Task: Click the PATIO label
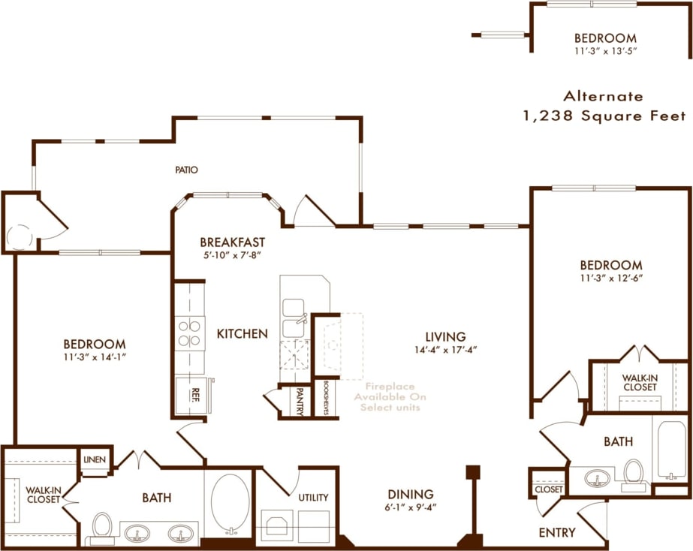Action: pyautogui.click(x=186, y=170)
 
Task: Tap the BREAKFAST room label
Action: pyautogui.click(x=232, y=242)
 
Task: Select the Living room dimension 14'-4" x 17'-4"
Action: pyautogui.click(x=444, y=349)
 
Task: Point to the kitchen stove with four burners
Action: pyautogui.click(x=189, y=333)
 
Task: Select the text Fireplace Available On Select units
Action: pyautogui.click(x=390, y=396)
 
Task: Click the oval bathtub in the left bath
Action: pyautogui.click(x=230, y=504)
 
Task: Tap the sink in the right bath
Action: pyautogui.click(x=598, y=478)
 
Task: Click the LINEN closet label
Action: pyautogui.click(x=95, y=459)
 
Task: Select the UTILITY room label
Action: pyautogui.click(x=313, y=497)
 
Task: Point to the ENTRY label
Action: pyautogui.click(x=558, y=532)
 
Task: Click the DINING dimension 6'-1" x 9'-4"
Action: pyautogui.click(x=411, y=506)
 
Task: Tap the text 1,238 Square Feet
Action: pyautogui.click(x=604, y=116)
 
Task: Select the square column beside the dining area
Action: pyautogui.click(x=473, y=472)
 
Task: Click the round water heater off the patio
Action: pyautogui.click(x=19, y=237)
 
